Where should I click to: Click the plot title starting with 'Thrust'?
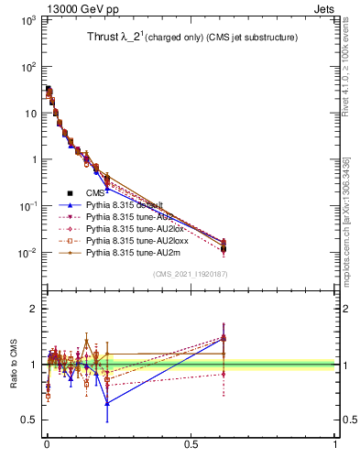(x=189, y=38)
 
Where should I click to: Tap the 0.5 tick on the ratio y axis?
(x=29, y=420)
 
